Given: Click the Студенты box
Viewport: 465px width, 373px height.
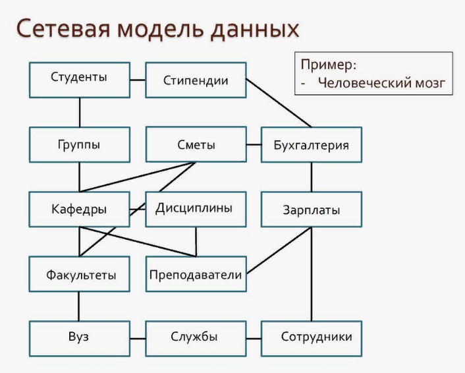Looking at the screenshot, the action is (x=80, y=80).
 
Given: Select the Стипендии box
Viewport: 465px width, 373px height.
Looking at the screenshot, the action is (x=196, y=80).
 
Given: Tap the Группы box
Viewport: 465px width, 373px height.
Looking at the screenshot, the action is (x=80, y=144).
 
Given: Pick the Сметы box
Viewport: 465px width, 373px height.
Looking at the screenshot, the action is (x=196, y=144).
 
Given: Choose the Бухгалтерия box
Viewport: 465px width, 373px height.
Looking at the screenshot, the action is (x=312, y=144).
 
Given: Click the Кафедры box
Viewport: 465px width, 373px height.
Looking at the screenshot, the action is (x=79, y=209).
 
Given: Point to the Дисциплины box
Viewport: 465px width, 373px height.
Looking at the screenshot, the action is (x=196, y=209).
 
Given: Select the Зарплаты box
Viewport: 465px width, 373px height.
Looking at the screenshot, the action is (x=312, y=209).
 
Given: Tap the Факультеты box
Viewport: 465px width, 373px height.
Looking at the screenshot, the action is (x=79, y=274).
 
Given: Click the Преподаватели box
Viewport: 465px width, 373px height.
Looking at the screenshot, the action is (x=196, y=274).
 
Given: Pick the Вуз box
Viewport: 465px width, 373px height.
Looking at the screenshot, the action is (x=80, y=339).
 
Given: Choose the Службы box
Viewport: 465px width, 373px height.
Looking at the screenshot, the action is (x=196, y=339).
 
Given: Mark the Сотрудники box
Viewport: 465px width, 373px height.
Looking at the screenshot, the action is (x=312, y=339).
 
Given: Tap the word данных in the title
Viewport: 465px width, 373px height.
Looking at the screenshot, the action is (x=255, y=30).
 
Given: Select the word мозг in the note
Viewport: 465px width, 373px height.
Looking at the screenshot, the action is (x=430, y=84).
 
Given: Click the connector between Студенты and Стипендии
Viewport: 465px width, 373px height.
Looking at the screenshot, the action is (x=138, y=80).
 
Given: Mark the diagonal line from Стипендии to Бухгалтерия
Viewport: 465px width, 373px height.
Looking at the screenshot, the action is (x=279, y=103).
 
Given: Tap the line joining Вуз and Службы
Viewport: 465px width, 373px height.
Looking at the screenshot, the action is (x=138, y=339).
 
